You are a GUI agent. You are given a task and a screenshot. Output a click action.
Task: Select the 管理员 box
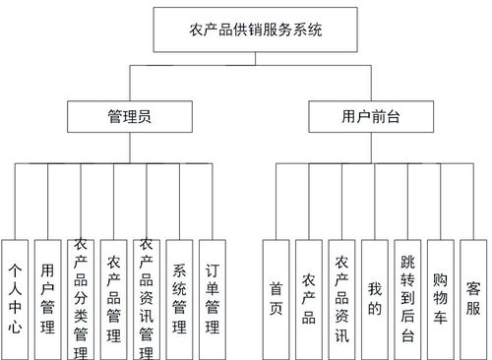[128, 118]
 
